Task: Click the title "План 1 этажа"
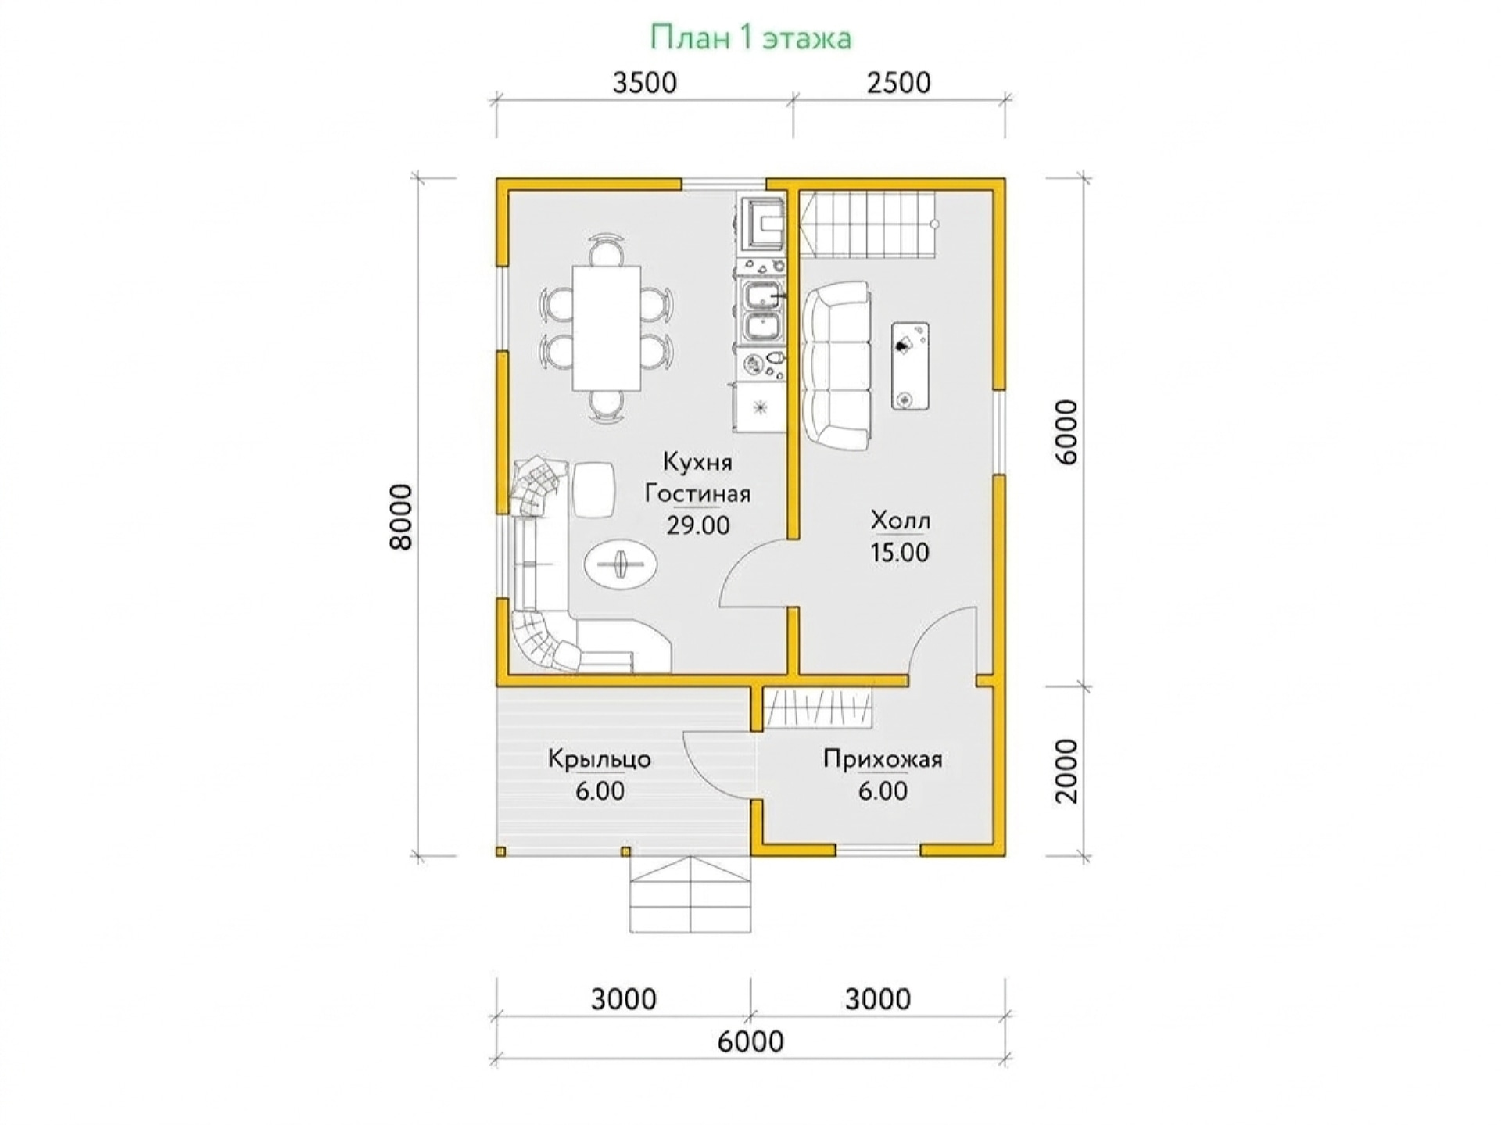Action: (x=750, y=38)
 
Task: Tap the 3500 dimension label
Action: (x=644, y=83)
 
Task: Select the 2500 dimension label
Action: (x=899, y=83)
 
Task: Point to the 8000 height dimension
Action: (x=400, y=517)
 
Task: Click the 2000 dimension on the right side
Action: (x=1066, y=771)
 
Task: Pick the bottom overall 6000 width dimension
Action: (x=750, y=1041)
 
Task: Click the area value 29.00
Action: (x=698, y=525)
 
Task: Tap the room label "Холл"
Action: (x=900, y=520)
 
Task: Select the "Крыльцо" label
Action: (x=600, y=759)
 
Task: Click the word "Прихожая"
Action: (x=883, y=759)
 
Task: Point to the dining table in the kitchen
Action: (x=607, y=328)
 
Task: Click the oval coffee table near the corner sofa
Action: (x=622, y=562)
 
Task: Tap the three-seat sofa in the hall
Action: (x=836, y=366)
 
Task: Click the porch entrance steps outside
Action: (x=690, y=894)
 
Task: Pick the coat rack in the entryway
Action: (x=818, y=708)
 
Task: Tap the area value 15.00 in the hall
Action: (x=900, y=553)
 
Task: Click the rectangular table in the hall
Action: (x=911, y=366)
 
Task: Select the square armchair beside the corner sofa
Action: (x=593, y=489)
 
